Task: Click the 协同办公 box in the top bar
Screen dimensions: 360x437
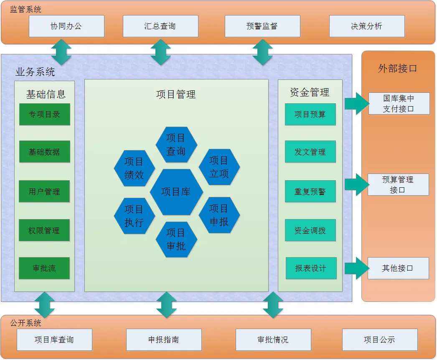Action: tap(66, 26)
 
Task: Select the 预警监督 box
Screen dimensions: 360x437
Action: tap(262, 26)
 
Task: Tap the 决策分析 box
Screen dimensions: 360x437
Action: tap(367, 26)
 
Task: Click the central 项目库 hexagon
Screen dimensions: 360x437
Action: tap(176, 192)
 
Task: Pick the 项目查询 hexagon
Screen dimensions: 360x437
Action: tap(176, 145)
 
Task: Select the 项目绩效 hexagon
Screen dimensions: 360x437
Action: tap(135, 169)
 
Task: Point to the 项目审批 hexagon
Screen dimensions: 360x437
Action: tap(176, 240)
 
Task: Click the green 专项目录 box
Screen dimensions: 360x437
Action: tap(45, 115)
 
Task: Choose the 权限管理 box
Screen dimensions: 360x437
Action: tap(45, 230)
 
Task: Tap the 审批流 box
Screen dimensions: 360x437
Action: tap(45, 268)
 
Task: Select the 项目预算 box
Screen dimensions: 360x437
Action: tap(310, 115)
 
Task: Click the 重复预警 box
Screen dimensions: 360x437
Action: tap(310, 192)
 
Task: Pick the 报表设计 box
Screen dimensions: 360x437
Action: tap(311, 268)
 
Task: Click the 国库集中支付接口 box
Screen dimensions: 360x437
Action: tap(399, 104)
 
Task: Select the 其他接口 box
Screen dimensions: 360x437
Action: tap(398, 268)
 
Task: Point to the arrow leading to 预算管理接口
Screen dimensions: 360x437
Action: tap(356, 184)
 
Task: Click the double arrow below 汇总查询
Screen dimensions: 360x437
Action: tap(160, 52)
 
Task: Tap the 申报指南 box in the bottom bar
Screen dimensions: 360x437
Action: tap(164, 340)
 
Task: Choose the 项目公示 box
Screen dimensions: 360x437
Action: tap(379, 340)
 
